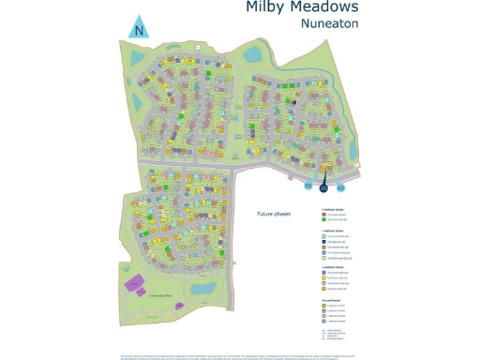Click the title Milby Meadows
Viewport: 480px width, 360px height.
[289, 7]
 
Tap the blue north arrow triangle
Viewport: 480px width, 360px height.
[139, 26]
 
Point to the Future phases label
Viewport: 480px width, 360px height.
[274, 214]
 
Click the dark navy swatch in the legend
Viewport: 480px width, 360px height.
[323, 242]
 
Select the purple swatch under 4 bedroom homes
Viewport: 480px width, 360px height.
[323, 272]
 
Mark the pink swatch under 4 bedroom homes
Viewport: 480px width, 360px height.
[323, 283]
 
